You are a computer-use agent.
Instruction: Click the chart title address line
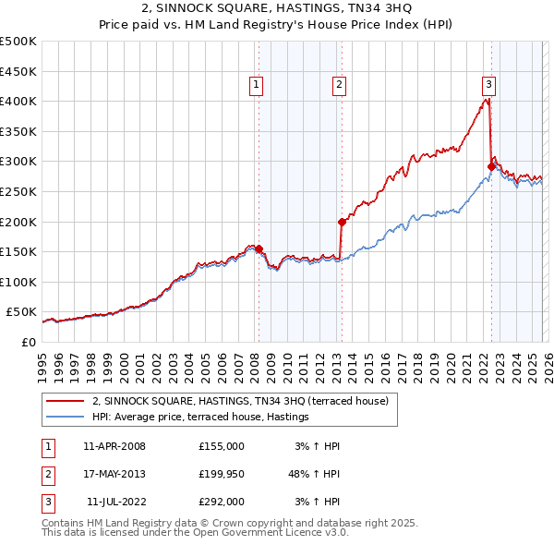[x=277, y=9]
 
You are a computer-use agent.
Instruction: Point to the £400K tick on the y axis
[x=18, y=101]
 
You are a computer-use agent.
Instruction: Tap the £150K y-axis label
[x=18, y=251]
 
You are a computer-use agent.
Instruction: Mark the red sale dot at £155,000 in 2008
[x=259, y=248]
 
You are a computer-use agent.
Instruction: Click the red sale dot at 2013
[x=342, y=222]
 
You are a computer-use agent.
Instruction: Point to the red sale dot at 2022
[x=491, y=166]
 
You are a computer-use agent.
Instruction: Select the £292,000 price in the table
[x=221, y=502]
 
